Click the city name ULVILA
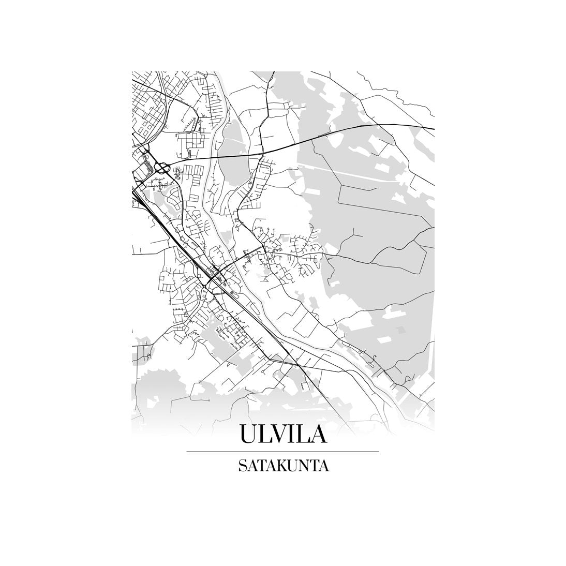(x=283, y=434)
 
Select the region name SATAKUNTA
(x=283, y=466)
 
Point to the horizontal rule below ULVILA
(x=282, y=452)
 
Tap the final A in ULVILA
(x=319, y=434)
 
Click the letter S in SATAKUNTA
(x=242, y=466)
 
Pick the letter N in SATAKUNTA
(x=301, y=466)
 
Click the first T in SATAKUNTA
(x=260, y=466)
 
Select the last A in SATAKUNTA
(x=323, y=466)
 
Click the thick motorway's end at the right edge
(x=433, y=128)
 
